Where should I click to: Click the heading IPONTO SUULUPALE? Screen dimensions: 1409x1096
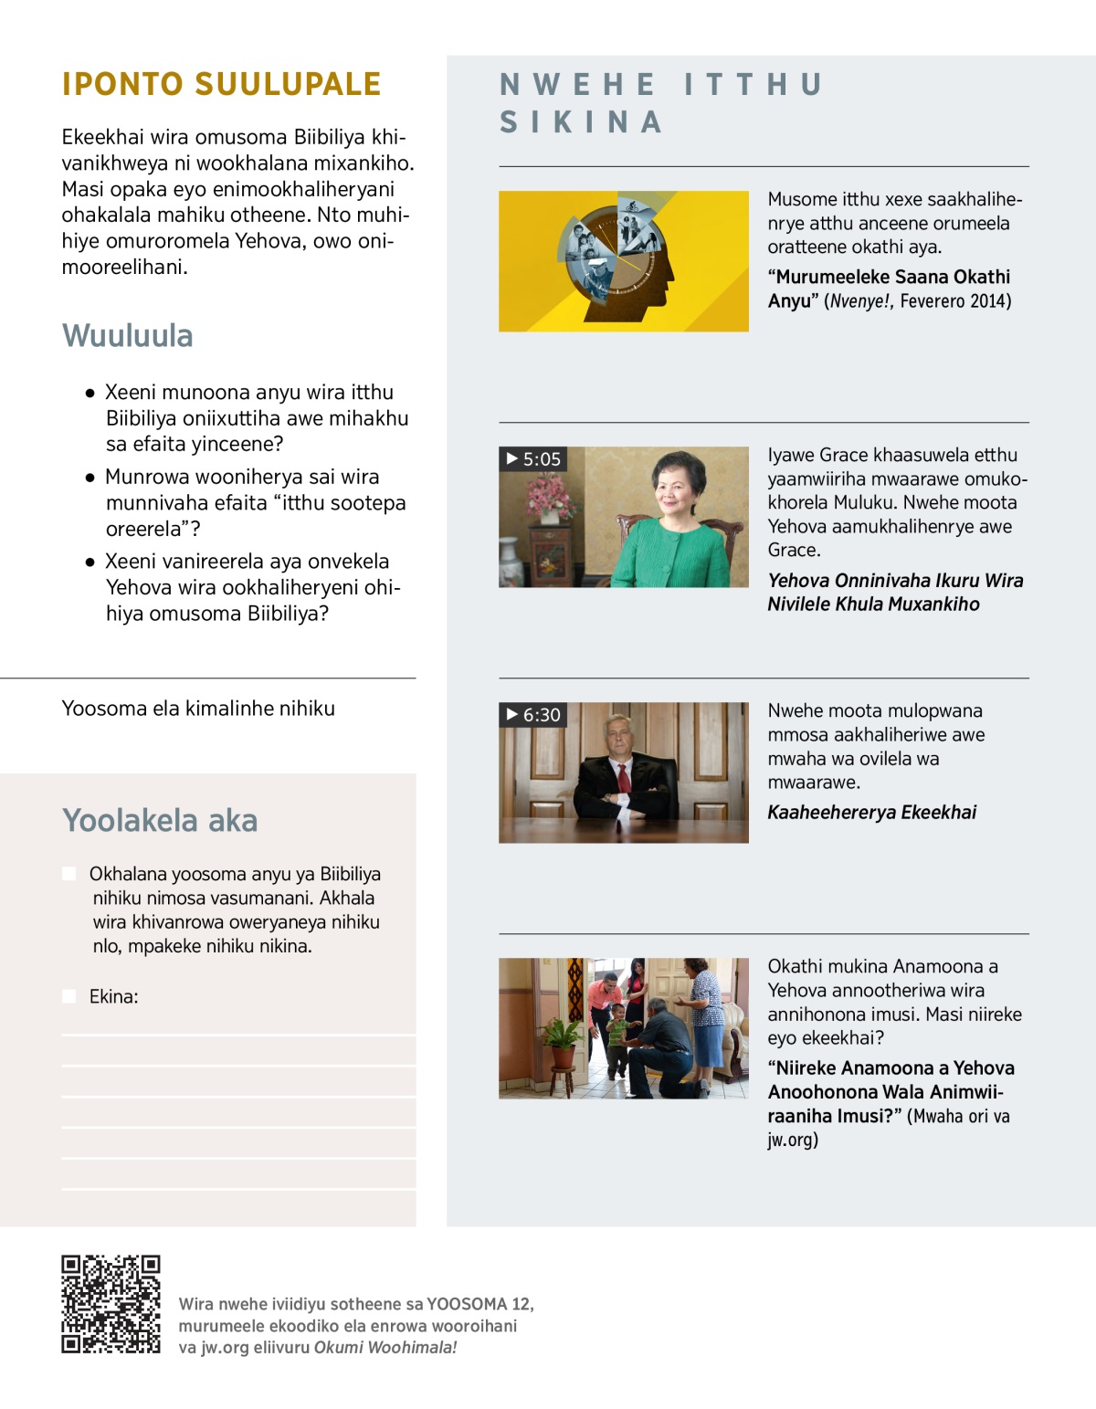tap(221, 84)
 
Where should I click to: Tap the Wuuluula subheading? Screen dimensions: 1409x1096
tap(128, 335)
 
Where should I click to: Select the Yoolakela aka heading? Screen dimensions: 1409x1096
tap(160, 820)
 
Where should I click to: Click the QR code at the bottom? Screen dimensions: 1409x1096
tap(111, 1303)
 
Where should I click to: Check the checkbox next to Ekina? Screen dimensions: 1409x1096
tap(69, 996)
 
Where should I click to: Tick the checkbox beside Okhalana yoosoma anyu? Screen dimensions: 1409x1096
tap(69, 874)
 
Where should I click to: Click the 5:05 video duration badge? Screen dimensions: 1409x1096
tap(533, 458)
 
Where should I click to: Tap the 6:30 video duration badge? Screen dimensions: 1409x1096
tap(533, 714)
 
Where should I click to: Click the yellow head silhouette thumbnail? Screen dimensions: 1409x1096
tap(623, 260)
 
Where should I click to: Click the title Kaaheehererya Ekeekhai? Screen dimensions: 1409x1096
tap(871, 812)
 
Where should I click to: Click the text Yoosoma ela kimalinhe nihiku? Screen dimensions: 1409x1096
tap(198, 709)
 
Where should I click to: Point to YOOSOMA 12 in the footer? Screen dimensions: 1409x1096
tap(479, 1304)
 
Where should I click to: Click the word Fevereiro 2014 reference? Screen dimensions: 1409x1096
tap(955, 301)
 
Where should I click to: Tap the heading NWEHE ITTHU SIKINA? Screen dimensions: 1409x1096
tap(661, 102)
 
